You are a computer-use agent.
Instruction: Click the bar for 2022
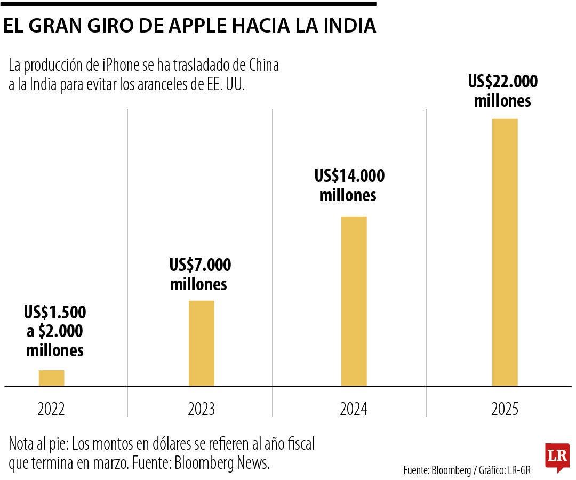tap(51, 378)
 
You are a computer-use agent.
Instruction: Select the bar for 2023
tap(201, 343)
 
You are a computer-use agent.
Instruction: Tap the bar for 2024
tap(354, 301)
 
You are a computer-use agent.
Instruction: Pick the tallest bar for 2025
tap(505, 252)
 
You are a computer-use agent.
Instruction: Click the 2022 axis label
tap(51, 409)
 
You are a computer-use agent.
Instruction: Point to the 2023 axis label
tap(201, 409)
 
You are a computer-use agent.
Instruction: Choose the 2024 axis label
tap(354, 409)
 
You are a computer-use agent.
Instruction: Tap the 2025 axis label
tap(505, 409)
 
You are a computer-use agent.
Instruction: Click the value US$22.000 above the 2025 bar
tap(503, 82)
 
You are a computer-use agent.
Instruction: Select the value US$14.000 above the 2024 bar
tap(349, 175)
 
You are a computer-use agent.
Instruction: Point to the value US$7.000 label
tap(200, 265)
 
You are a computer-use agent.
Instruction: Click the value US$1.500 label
tap(55, 312)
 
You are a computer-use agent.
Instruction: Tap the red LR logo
tap(557, 457)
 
